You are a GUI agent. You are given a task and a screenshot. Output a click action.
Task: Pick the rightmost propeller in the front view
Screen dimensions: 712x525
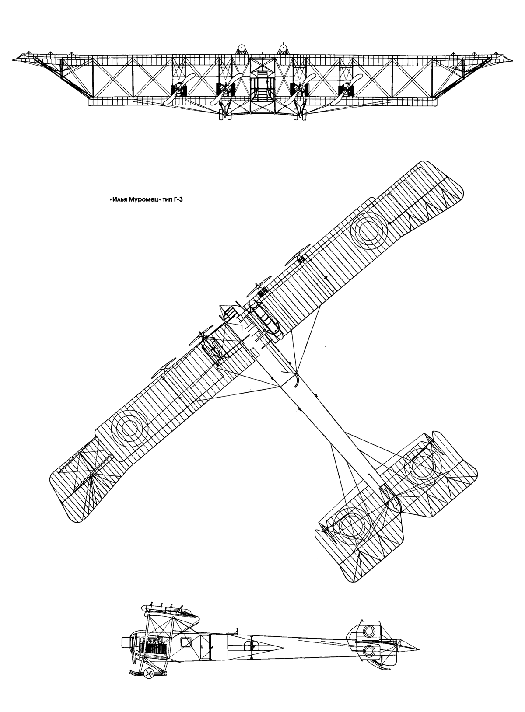346,89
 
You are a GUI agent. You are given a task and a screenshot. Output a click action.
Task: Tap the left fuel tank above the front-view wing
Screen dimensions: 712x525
241,49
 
